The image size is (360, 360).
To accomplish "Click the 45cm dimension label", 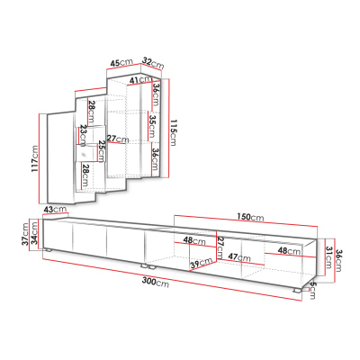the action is [121, 63].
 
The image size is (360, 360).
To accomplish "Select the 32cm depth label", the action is [153, 63].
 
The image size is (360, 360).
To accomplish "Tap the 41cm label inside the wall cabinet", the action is [141, 80].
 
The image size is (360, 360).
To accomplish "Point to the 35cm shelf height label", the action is [152, 126].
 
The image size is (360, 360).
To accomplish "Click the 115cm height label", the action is [173, 132].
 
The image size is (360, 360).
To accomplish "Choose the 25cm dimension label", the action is [102, 150].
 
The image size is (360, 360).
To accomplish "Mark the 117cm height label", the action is [35, 159].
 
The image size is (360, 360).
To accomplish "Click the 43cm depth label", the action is [55, 209].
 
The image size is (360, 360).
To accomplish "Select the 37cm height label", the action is [26, 234].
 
